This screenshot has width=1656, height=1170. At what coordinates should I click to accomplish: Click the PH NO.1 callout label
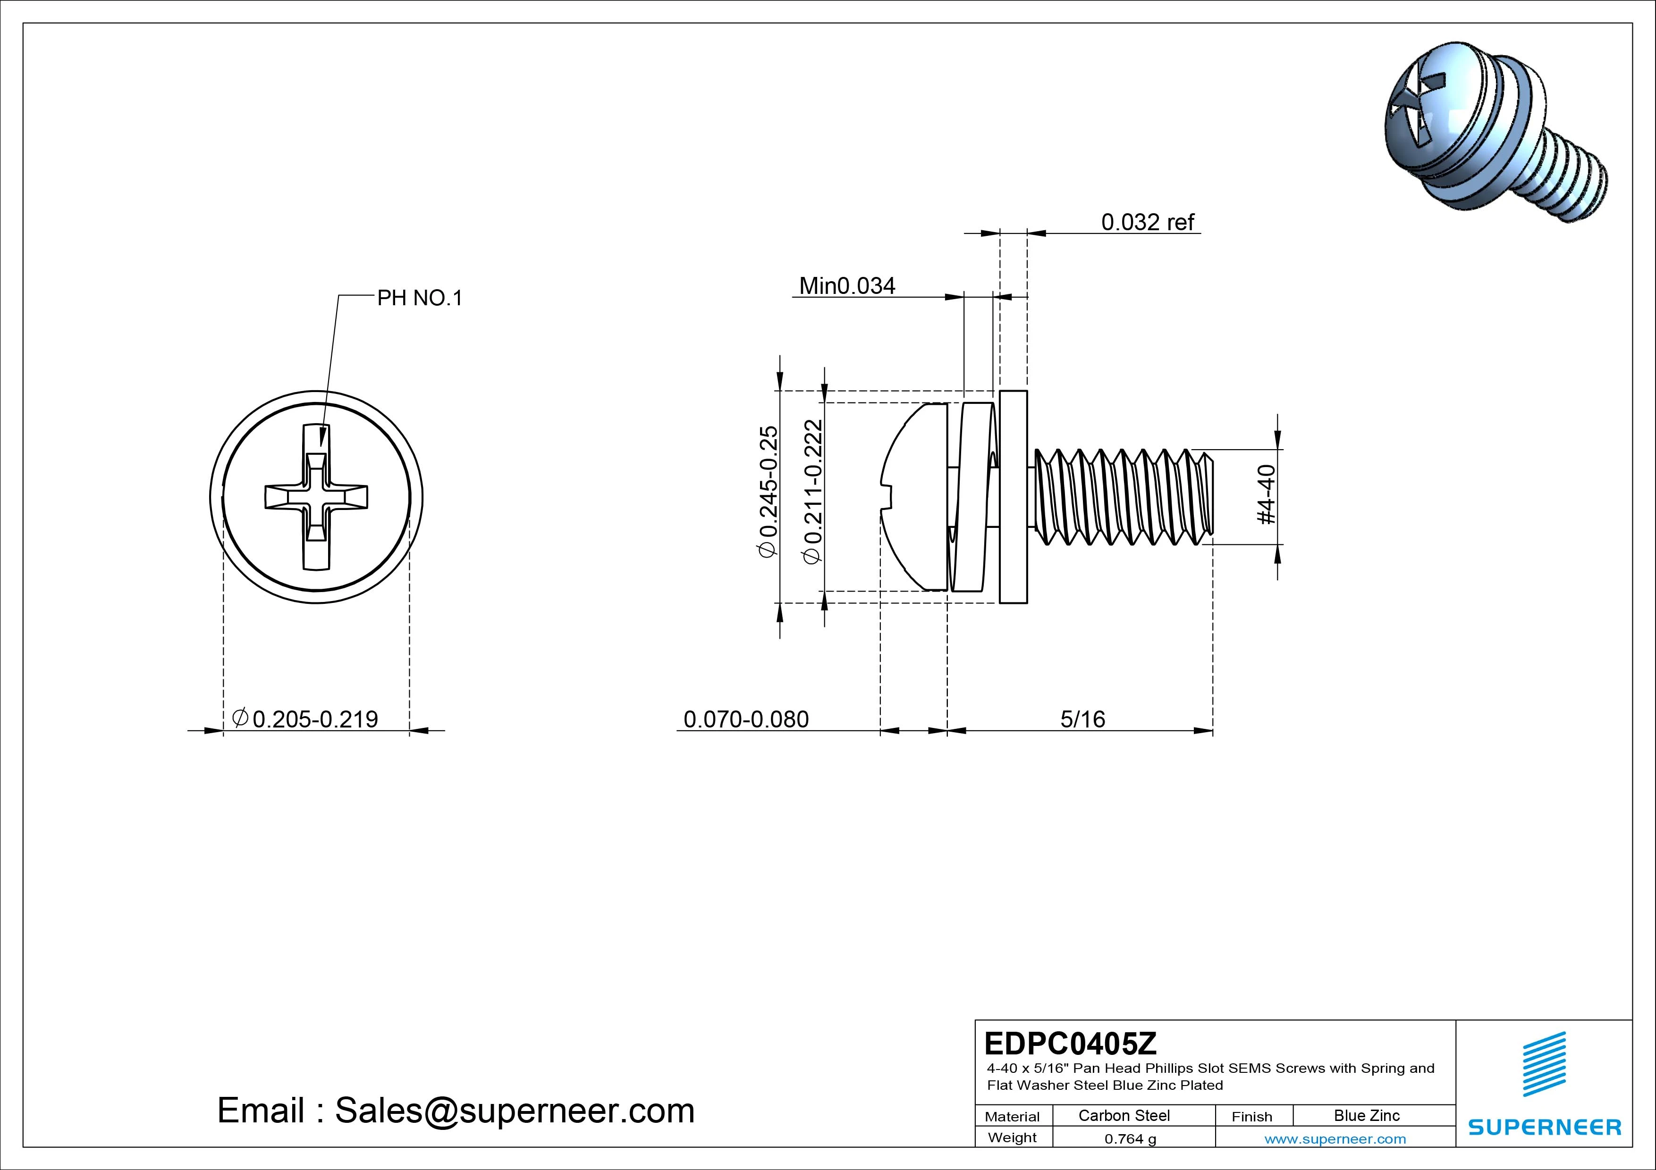click(419, 298)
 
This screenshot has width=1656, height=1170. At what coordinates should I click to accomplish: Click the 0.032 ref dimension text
click(1148, 222)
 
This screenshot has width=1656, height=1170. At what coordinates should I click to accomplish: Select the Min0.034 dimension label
click(847, 286)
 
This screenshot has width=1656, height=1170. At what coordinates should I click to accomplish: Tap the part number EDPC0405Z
click(1070, 1043)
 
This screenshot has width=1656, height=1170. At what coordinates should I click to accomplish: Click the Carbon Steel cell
click(1124, 1115)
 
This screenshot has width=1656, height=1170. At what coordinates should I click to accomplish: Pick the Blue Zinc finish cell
click(1366, 1115)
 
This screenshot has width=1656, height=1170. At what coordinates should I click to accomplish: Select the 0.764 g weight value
click(1130, 1139)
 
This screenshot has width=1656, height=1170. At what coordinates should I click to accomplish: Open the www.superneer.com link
click(1335, 1139)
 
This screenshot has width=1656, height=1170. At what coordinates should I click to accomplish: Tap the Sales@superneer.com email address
click(514, 1111)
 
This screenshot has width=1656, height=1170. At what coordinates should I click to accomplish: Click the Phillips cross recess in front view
click(316, 496)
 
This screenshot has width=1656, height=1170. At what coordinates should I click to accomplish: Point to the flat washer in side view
click(1014, 497)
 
